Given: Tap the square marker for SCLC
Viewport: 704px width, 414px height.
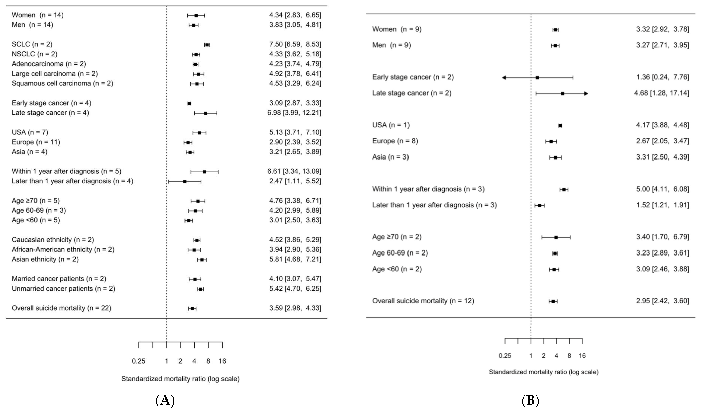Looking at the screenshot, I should point(207,45).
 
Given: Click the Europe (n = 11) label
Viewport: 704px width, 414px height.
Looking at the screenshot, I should point(36,142).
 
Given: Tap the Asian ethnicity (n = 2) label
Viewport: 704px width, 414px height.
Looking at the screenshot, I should point(45,259).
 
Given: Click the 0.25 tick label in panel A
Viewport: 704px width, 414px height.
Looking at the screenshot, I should point(139,361).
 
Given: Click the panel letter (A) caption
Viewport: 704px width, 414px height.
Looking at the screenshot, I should point(165,401).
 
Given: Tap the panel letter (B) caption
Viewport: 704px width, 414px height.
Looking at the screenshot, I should point(530,401).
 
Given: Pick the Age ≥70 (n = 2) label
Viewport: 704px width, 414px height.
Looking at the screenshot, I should point(397,237).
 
